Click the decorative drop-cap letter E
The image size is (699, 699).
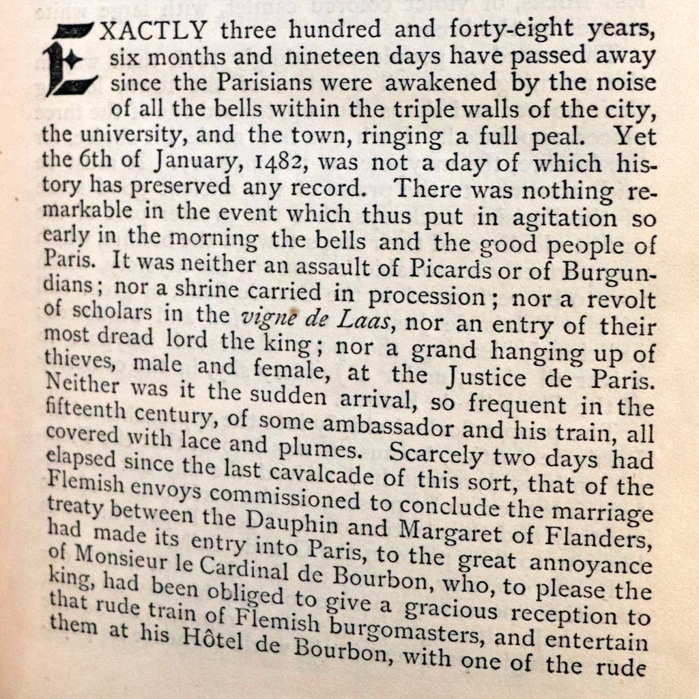tap(72, 60)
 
